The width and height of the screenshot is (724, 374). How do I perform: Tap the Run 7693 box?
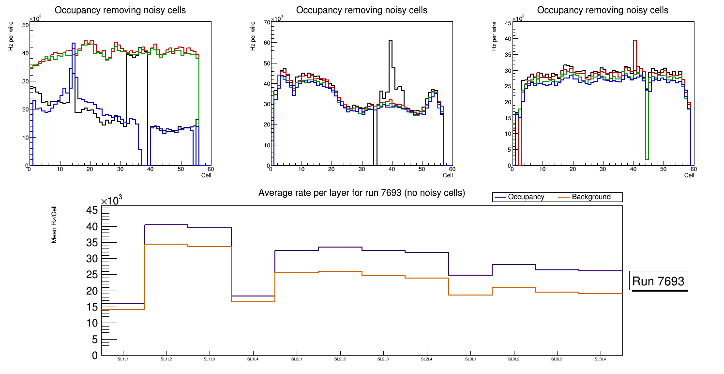658,281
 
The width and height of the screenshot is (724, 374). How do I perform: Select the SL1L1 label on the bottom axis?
123,359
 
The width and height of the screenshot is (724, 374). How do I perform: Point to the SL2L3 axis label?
383,359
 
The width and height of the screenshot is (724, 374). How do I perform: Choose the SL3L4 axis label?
600,359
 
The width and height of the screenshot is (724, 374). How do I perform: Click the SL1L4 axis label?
253,359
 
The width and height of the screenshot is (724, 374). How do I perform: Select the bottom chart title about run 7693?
362,193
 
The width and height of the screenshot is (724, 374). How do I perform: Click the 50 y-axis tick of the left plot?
25,25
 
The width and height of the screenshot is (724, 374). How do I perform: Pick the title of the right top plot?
603,10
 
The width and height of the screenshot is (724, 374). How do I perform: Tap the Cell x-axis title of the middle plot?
448,175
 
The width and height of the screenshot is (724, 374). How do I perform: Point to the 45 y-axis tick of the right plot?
508,23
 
